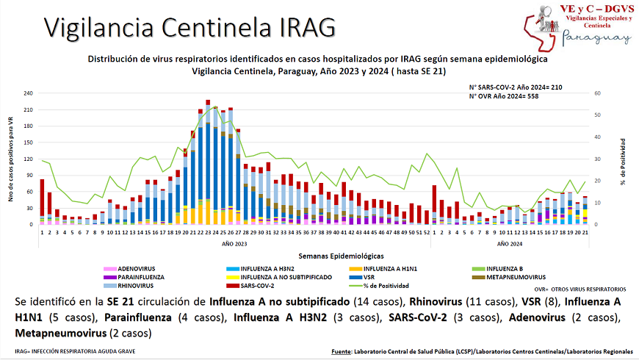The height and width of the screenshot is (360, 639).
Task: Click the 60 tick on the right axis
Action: click(x=599, y=93)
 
